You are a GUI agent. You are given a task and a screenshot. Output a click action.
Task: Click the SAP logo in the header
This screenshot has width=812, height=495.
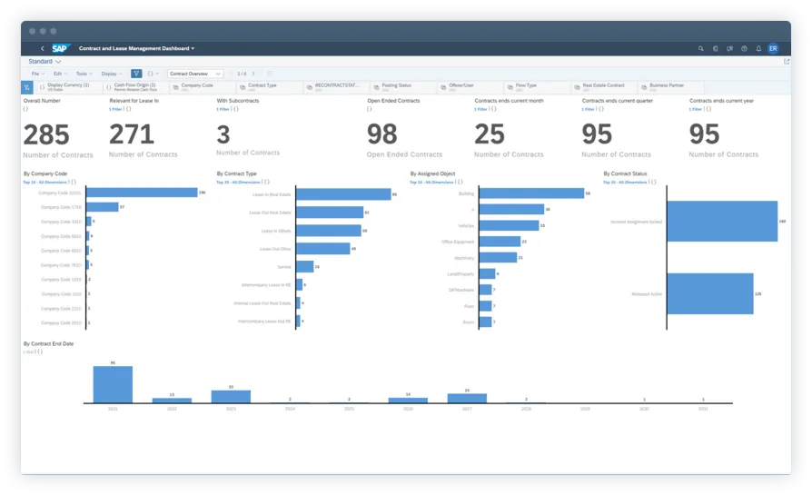[61, 48]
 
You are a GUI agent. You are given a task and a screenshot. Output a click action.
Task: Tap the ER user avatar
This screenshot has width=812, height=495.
[773, 48]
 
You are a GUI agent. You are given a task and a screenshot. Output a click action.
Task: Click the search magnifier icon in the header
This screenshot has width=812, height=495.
[700, 48]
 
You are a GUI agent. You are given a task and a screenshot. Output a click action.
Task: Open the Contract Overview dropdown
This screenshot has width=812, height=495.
[195, 74]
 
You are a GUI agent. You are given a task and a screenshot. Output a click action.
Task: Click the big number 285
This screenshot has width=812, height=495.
[46, 134]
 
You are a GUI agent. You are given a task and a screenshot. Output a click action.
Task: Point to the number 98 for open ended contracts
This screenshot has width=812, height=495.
[382, 134]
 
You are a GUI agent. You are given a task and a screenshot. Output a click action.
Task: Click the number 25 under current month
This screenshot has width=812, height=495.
[490, 134]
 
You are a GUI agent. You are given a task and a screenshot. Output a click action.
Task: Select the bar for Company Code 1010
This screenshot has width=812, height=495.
[142, 193]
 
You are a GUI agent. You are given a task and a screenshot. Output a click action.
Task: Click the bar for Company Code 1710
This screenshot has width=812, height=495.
[103, 207]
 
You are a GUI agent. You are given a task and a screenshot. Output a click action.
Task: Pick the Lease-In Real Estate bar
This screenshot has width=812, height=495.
[342, 194]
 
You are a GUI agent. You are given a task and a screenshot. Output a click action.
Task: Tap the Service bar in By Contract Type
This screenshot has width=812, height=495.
[304, 266]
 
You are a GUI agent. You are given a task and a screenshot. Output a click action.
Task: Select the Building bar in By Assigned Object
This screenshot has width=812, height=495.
[531, 193]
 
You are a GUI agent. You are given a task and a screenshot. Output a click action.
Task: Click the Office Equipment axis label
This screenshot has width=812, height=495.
[458, 242]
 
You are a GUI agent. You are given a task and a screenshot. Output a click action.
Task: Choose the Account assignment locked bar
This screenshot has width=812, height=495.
[722, 221]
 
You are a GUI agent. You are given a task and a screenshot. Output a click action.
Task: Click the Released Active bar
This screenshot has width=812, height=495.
[710, 293]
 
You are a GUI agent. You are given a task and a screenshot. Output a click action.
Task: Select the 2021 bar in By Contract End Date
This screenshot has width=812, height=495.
[113, 384]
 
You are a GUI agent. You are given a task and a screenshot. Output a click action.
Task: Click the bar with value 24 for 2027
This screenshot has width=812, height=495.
[467, 398]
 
